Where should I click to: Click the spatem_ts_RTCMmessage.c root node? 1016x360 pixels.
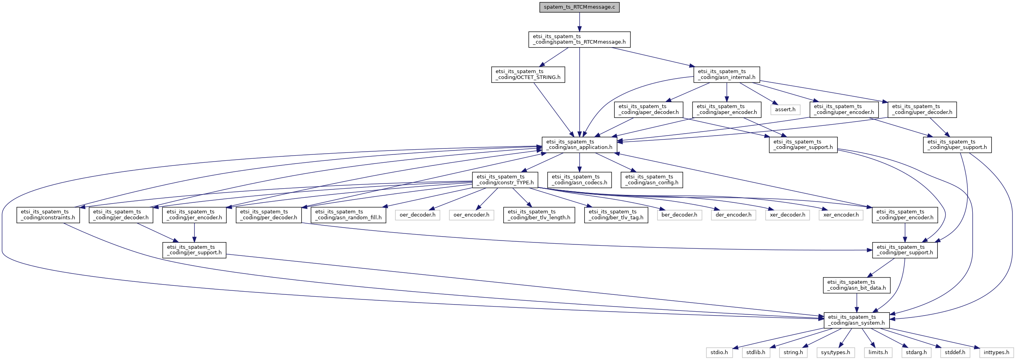coord(579,7)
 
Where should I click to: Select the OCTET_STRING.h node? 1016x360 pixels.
coord(528,75)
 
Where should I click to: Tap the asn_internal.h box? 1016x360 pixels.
coord(726,75)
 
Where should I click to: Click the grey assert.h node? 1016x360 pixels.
coord(785,109)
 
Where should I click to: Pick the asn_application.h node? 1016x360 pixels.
coord(579,144)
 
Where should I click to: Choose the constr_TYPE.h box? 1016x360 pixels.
coord(505,180)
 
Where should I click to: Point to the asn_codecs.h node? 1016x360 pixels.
coord(579,180)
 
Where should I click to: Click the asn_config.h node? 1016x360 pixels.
coord(652,180)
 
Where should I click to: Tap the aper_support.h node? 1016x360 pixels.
coord(803,145)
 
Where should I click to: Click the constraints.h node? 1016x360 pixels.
coord(48,215)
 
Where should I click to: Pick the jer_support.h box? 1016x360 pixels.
coord(194,250)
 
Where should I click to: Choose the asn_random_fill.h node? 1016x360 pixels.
coord(348,215)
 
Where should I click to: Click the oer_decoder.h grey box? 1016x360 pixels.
coord(417,215)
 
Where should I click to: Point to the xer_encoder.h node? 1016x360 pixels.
coord(841,215)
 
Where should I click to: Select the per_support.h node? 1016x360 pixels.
coord(905,250)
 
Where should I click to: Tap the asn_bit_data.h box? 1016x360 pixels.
coord(857,285)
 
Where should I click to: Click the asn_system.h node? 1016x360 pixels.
coord(857,320)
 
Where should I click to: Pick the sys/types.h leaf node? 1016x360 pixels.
coord(835,353)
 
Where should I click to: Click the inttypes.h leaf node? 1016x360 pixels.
coord(996,353)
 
